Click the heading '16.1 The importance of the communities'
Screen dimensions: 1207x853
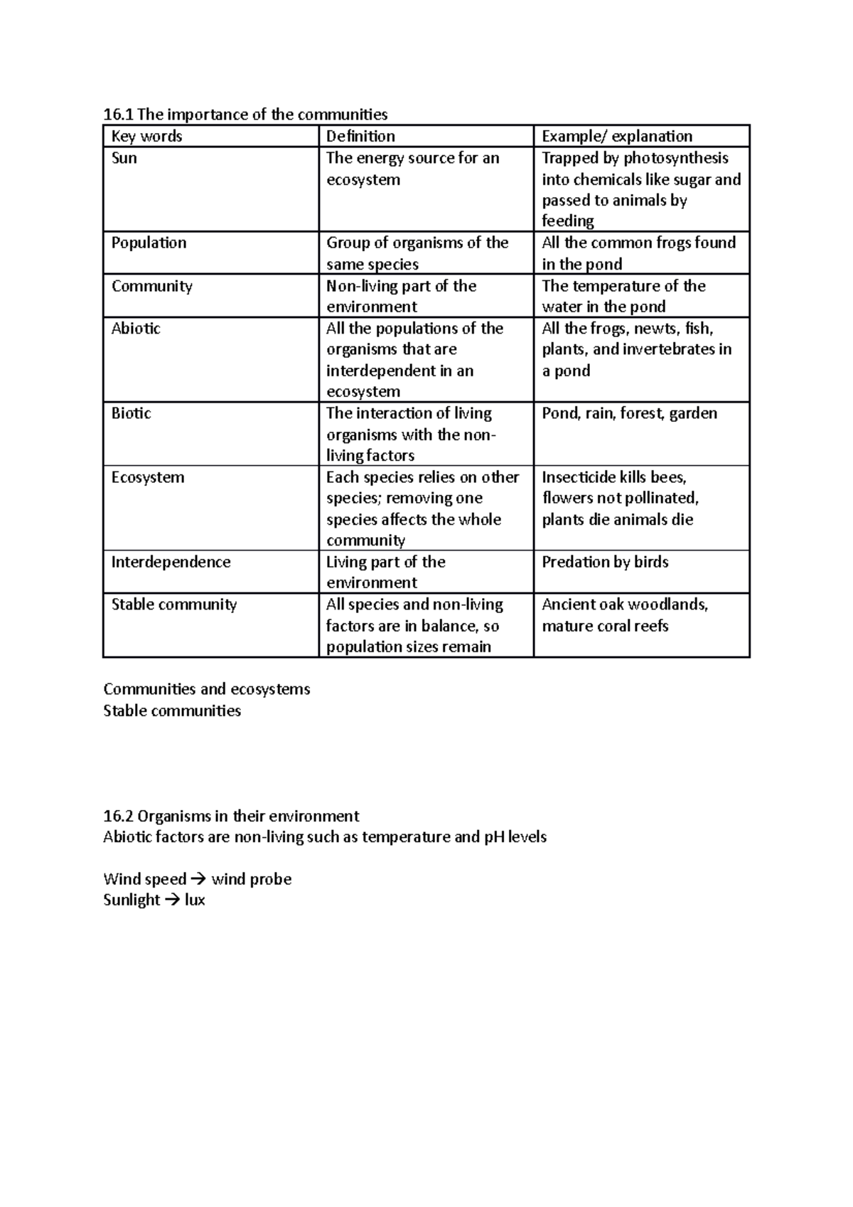(245, 115)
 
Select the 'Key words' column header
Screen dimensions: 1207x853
(147, 137)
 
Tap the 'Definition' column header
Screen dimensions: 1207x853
(360, 137)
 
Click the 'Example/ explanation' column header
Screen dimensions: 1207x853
(616, 137)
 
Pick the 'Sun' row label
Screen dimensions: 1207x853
(124, 158)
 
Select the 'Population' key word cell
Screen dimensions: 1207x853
(149, 243)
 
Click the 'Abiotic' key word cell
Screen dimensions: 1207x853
(136, 329)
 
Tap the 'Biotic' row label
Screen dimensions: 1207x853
(131, 413)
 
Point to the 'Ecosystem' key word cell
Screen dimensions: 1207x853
(147, 477)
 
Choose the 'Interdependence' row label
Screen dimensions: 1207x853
(171, 562)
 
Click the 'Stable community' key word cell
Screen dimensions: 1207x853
(173, 605)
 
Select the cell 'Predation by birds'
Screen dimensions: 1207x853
(605, 562)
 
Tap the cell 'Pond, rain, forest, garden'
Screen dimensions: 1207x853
(629, 413)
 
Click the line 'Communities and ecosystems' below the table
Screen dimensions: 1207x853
(206, 689)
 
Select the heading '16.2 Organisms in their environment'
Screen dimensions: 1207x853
(231, 816)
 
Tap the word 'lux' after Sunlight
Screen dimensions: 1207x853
(195, 900)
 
